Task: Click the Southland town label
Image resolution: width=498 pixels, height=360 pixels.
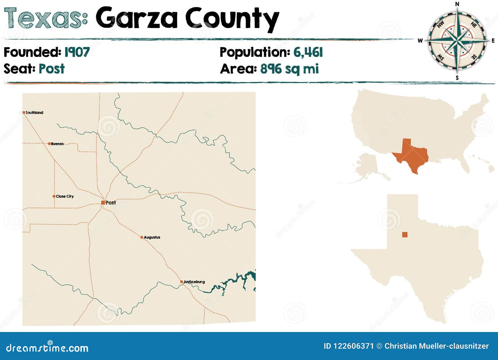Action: click(34, 113)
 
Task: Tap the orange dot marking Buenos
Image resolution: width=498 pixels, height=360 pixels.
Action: click(49, 144)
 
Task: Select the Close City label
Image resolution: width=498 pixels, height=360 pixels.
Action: click(65, 196)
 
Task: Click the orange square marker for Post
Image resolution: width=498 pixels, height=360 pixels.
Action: click(103, 203)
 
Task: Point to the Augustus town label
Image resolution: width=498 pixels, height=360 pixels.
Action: click(152, 237)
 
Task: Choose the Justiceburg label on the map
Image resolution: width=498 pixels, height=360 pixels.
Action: click(194, 282)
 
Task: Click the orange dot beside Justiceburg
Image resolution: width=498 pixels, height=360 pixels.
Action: click(181, 282)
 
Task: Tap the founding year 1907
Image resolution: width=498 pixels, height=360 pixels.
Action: click(77, 52)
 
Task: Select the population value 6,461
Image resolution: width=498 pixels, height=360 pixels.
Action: click(308, 52)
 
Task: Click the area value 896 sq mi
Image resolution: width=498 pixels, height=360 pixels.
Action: click(289, 69)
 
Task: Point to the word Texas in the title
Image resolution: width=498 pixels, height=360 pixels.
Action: click(45, 18)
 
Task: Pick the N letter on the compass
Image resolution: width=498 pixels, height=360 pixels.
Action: click(457, 4)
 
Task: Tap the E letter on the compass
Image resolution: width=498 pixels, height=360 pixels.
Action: click(493, 41)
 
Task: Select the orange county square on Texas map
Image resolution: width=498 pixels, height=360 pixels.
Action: click(405, 235)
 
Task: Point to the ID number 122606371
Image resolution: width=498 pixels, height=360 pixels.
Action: click(353, 346)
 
